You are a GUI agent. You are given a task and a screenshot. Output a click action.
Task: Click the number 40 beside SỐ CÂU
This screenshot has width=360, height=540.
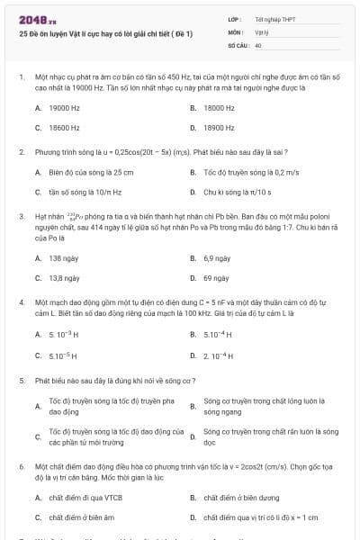[x=258, y=44]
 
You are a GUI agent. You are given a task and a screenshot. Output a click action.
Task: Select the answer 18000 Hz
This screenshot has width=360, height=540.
[x=220, y=108]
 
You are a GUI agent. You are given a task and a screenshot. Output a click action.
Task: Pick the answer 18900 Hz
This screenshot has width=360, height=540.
[x=220, y=128]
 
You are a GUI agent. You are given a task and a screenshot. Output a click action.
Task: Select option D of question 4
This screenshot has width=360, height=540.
[x=216, y=355]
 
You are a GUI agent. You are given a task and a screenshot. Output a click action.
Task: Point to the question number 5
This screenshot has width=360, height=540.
[x=21, y=381]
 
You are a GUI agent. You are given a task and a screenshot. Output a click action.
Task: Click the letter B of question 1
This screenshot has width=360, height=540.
[x=193, y=108]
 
